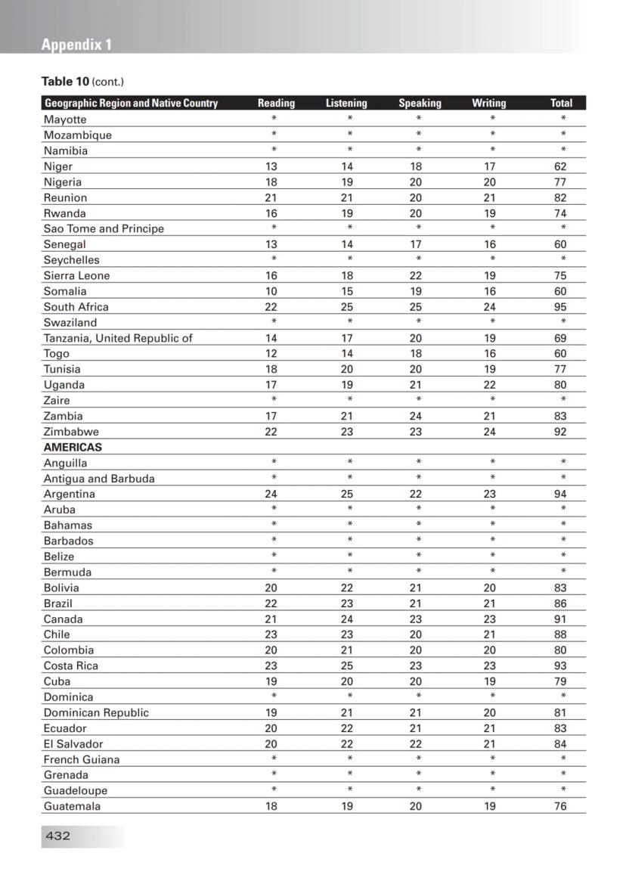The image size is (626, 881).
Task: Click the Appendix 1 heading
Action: (x=76, y=45)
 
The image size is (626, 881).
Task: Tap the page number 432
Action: (x=57, y=836)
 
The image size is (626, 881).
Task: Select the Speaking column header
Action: (x=420, y=103)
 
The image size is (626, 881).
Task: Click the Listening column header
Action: (x=346, y=103)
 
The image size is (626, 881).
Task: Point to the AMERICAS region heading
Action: (x=73, y=447)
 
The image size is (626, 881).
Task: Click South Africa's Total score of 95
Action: (x=560, y=306)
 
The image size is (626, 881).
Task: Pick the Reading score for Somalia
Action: (x=271, y=291)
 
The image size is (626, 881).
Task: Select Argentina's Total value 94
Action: (x=560, y=494)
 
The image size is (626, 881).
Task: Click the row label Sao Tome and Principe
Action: (x=104, y=228)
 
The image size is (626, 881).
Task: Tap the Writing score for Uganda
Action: (x=490, y=384)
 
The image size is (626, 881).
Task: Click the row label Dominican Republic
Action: (x=96, y=712)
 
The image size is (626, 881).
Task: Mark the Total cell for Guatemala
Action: (x=560, y=806)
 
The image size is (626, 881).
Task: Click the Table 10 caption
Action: (x=82, y=82)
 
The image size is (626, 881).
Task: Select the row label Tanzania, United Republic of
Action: (x=118, y=338)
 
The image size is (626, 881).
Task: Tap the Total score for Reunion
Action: (x=560, y=197)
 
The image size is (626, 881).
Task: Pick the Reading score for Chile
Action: (x=271, y=634)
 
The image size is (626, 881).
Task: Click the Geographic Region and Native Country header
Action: (x=131, y=103)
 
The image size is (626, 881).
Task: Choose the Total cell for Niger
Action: (x=560, y=166)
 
